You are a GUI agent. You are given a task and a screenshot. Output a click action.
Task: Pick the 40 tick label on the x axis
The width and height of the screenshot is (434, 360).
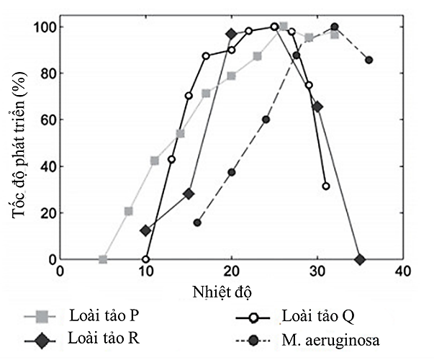402,271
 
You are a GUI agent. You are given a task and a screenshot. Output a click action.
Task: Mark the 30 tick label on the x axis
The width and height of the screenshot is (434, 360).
317,271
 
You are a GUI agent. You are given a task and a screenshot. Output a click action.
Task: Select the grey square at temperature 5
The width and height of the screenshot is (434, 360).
103,259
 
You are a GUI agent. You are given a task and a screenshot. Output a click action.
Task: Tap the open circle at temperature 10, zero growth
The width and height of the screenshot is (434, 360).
146,259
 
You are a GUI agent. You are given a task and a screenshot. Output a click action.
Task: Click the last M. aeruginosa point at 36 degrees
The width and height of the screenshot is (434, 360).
369,60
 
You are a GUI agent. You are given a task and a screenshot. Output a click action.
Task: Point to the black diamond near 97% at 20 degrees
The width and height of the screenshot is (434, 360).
231,34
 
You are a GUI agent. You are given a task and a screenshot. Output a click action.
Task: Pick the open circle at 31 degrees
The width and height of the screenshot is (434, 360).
326,186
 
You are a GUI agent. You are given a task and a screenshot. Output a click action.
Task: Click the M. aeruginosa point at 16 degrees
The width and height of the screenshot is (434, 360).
197,222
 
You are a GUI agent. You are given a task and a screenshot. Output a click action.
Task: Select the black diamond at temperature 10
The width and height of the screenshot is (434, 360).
146,230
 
